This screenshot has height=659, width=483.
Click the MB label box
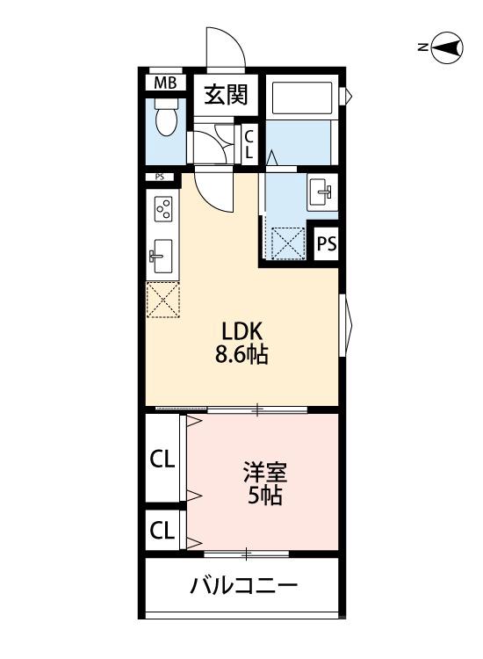pyautogui.click(x=164, y=83)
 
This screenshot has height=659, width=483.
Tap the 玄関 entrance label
pyautogui.click(x=226, y=94)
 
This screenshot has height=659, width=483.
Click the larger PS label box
pyautogui.click(x=325, y=244)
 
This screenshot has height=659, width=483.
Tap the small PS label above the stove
pyautogui.click(x=160, y=177)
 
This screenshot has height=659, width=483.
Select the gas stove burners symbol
pyautogui.click(x=162, y=210)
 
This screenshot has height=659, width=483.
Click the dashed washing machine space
pyautogui.click(x=287, y=243)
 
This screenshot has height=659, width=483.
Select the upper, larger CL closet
pyautogui.click(x=162, y=459)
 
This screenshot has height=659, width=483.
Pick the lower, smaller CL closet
pyautogui.click(x=162, y=530)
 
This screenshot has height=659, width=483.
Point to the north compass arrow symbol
pyautogui.click(x=446, y=47)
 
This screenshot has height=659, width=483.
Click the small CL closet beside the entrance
pyautogui.click(x=249, y=143)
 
